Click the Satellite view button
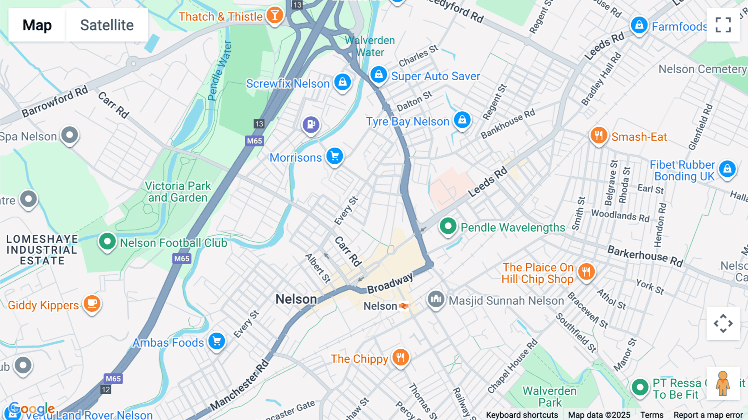click(x=107, y=25)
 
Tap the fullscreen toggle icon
click(x=723, y=25)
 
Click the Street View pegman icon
click(x=723, y=383)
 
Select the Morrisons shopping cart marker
click(x=335, y=156)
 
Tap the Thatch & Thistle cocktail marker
click(x=274, y=15)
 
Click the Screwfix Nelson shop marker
click(x=342, y=82)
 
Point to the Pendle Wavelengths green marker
click(x=448, y=226)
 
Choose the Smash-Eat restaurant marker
click(x=598, y=136)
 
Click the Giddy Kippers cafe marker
click(x=92, y=304)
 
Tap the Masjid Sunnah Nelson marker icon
click(x=436, y=299)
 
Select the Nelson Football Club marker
click(x=107, y=242)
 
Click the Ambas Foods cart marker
click(x=217, y=341)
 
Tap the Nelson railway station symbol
click(x=404, y=306)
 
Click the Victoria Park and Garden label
click(x=178, y=192)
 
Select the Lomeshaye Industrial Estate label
click(x=42, y=250)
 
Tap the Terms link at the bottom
click(x=652, y=415)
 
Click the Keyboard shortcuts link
click(x=522, y=415)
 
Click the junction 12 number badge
click(x=106, y=390)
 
